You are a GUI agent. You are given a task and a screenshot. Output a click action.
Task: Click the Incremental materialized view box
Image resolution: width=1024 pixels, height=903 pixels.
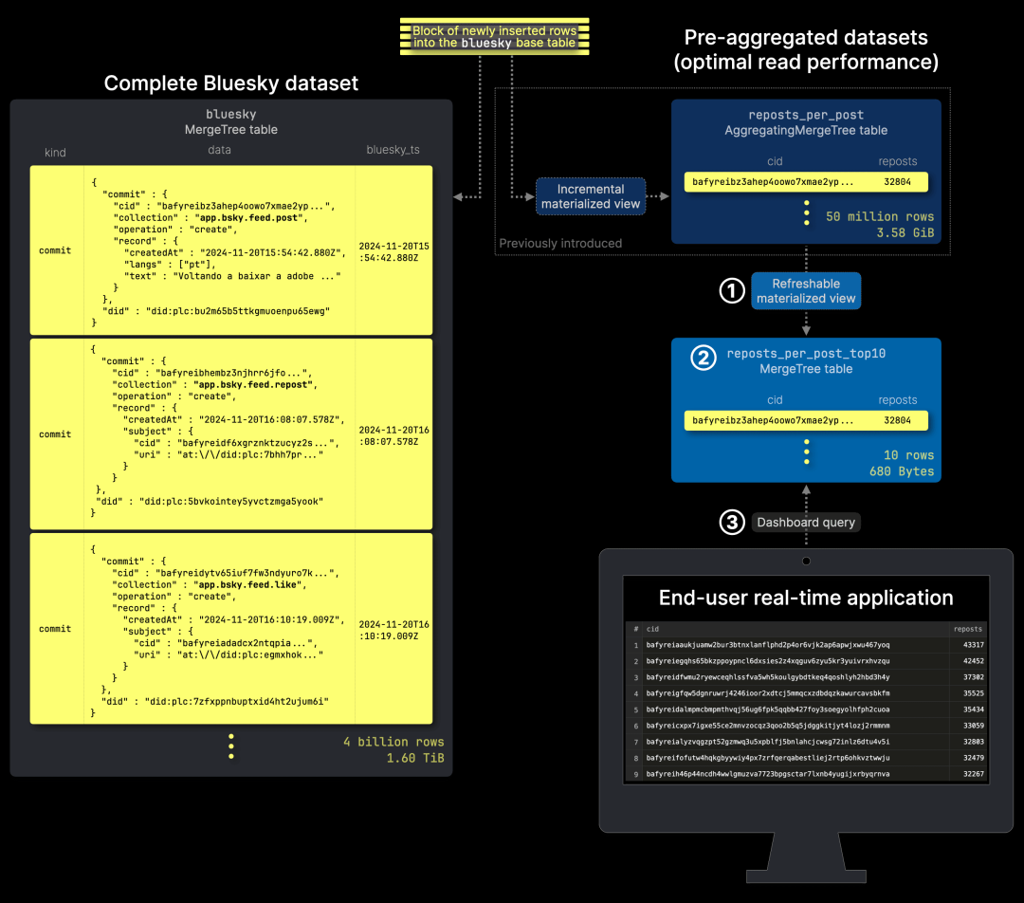point(591,196)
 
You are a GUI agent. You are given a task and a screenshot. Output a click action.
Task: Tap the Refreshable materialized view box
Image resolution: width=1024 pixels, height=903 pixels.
point(806,291)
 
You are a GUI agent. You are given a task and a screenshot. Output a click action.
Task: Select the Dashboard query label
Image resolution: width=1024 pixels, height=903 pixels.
point(805,522)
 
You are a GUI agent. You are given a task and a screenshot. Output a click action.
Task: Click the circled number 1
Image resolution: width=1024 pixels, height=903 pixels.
point(732,291)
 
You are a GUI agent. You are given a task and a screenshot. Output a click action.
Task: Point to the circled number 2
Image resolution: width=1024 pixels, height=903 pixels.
point(703,358)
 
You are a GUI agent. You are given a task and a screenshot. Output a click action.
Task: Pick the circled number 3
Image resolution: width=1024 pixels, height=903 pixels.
point(732,522)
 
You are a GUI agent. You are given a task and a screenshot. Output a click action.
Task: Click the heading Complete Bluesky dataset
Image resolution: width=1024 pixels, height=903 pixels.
point(231,83)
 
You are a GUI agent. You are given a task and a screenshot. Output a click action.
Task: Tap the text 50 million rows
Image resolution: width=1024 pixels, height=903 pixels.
point(880,216)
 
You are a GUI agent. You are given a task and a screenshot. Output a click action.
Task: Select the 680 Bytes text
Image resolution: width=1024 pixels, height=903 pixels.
point(902,471)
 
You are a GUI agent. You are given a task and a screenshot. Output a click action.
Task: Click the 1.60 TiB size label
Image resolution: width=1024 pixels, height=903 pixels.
point(415,758)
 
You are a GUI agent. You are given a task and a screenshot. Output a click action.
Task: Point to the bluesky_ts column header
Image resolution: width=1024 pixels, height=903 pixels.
point(393,151)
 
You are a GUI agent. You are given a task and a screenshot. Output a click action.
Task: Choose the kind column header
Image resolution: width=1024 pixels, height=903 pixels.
point(55,153)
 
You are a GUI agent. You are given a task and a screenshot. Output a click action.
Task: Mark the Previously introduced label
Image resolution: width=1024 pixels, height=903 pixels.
point(560,244)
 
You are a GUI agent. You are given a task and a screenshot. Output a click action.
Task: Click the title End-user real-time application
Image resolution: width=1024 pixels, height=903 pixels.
point(806,598)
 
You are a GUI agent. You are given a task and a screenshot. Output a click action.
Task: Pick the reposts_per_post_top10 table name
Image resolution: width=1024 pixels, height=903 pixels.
point(806,354)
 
